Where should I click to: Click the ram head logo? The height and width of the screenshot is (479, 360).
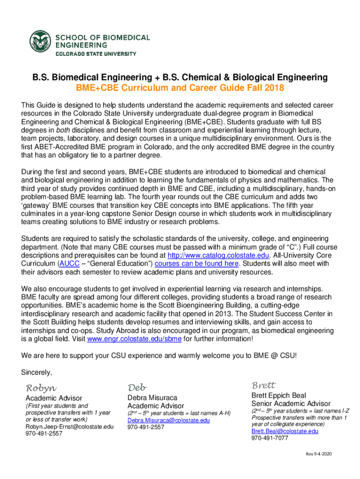41,42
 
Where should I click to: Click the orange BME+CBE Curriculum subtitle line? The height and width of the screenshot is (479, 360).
180,88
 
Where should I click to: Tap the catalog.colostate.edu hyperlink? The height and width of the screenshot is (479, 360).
218,255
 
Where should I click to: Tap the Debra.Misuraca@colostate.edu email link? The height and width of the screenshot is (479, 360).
169,420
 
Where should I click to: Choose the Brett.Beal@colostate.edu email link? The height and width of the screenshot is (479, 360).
285,431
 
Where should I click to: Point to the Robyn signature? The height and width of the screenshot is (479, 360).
41,388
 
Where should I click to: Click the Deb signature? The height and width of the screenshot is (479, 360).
137,387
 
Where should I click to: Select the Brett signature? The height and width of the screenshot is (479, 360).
264,385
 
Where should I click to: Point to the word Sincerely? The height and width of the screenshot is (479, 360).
37,372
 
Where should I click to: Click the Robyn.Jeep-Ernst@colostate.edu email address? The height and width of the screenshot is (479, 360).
69,427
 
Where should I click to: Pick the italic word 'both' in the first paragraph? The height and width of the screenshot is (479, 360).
62,130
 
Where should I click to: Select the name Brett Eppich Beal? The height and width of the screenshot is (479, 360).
279,395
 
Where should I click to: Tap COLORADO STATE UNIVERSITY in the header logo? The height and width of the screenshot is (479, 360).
96,54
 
